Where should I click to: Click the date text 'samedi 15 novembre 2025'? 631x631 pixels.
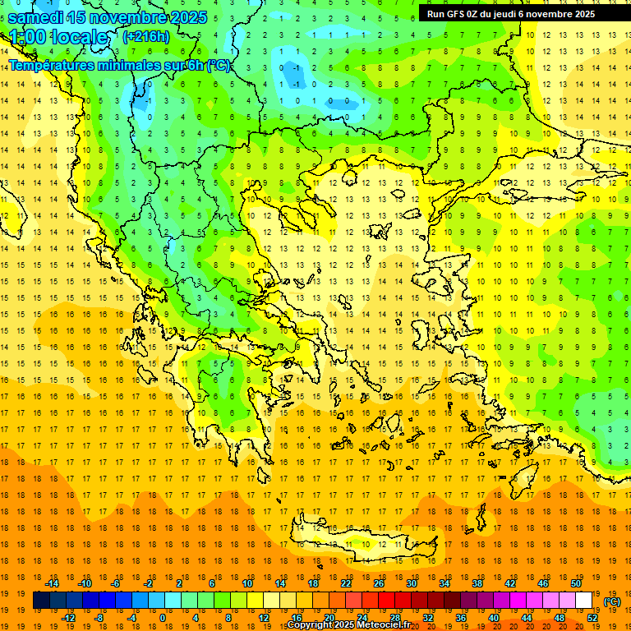click(x=107, y=17)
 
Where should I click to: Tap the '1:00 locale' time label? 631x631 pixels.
click(x=59, y=37)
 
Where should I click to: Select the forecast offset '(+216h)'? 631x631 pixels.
click(x=146, y=37)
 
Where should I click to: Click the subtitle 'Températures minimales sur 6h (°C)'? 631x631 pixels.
click(x=120, y=66)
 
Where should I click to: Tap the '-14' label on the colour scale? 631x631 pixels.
click(x=53, y=583)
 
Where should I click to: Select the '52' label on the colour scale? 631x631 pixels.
click(x=592, y=617)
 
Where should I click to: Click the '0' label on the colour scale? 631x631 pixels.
click(x=162, y=617)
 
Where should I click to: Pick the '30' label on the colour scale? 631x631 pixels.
click(x=411, y=583)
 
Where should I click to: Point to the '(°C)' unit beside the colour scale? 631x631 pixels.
click(x=612, y=601)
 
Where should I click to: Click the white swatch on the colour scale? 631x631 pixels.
click(x=583, y=601)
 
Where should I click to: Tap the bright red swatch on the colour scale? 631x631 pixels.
click(x=386, y=601)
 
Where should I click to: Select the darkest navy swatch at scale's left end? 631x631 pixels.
click(x=42, y=601)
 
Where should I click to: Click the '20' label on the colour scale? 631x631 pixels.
click(x=329, y=617)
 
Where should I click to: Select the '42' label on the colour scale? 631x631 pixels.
click(x=509, y=583)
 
